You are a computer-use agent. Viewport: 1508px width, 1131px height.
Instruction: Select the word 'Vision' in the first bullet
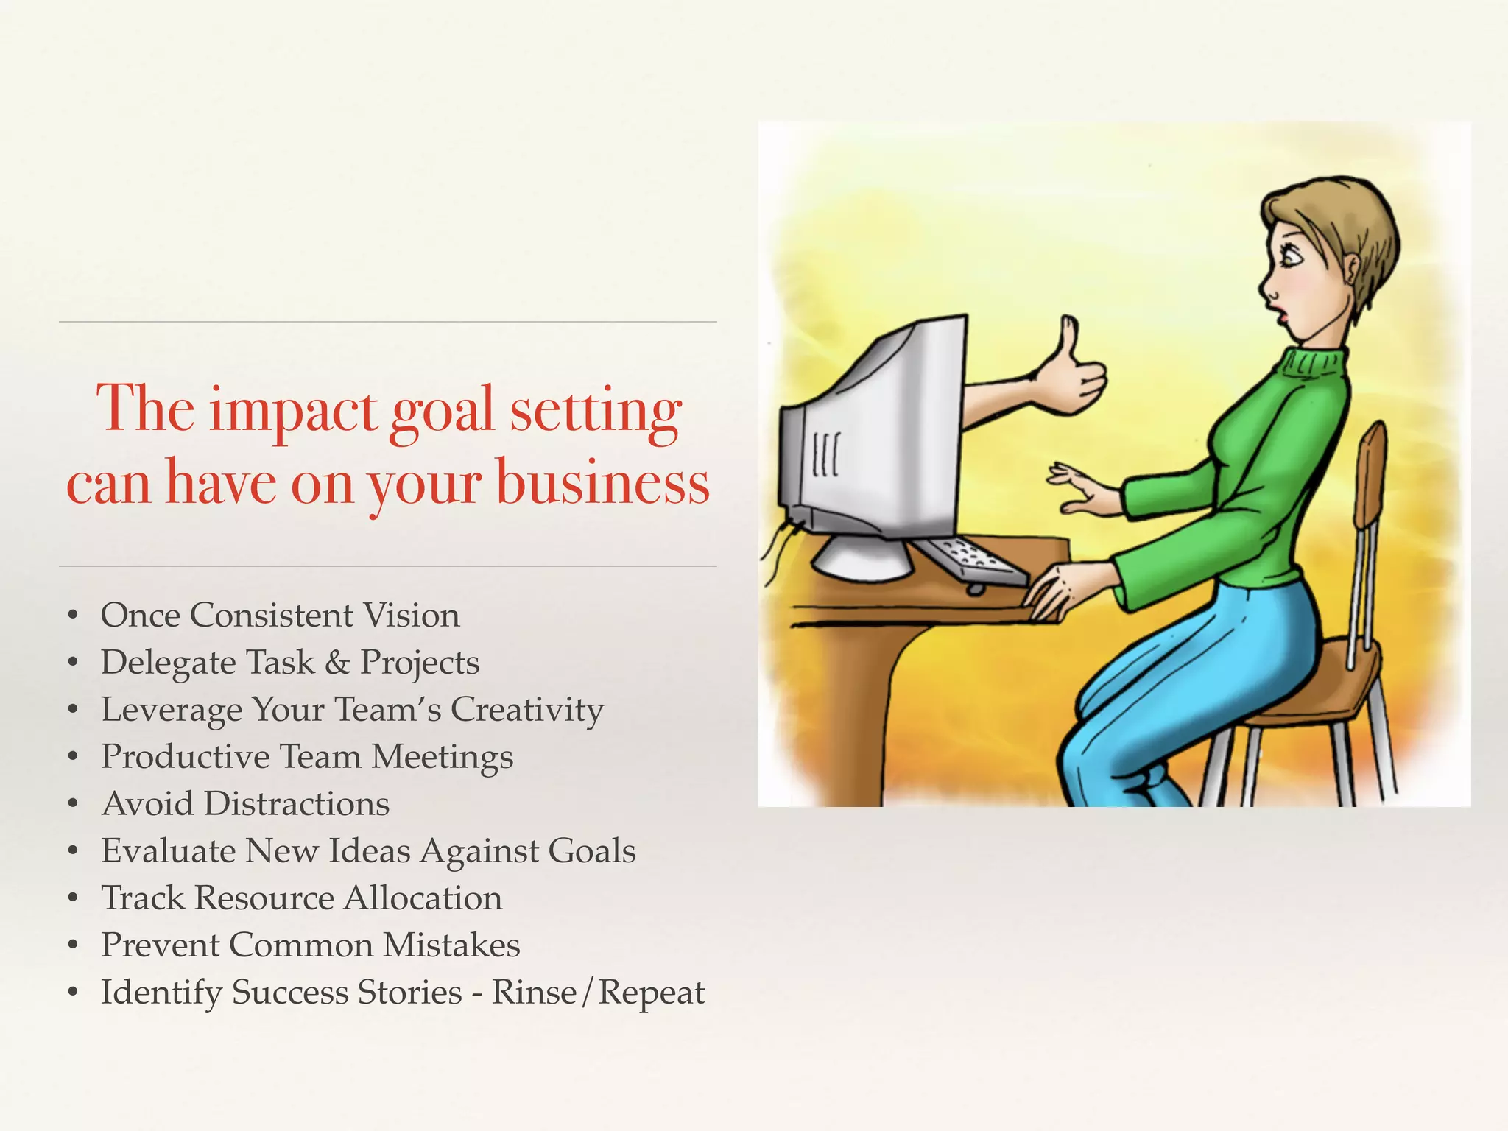coord(412,616)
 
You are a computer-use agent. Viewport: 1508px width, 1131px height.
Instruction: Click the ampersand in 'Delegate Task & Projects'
coord(337,662)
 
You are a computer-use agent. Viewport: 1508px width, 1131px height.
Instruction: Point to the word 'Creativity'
coord(526,710)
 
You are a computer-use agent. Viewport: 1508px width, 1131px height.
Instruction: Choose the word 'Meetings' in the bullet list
coord(442,757)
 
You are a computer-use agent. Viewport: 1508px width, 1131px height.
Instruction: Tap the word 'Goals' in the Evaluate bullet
coord(591,850)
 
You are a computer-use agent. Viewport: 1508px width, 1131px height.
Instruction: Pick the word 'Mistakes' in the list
coord(451,945)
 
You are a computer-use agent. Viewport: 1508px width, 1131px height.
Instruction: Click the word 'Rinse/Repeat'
coord(597,993)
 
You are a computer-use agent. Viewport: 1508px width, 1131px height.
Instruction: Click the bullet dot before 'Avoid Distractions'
coord(72,804)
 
